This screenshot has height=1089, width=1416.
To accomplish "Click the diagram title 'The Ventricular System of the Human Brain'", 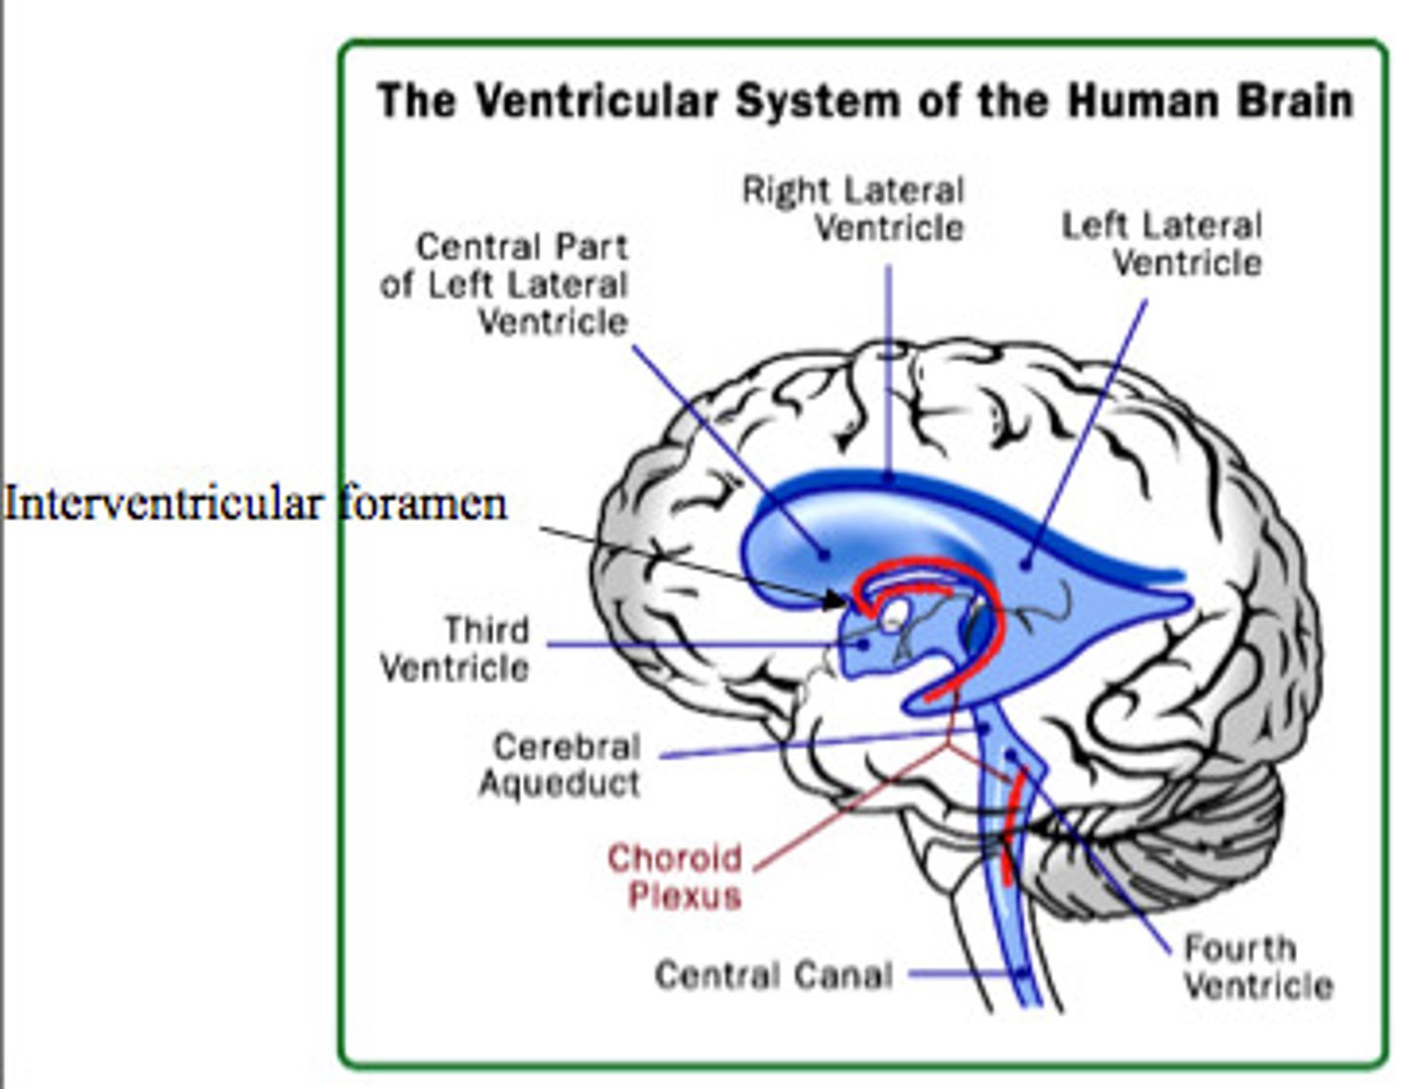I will click(865, 102).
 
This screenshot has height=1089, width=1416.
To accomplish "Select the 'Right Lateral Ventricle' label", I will click(854, 208).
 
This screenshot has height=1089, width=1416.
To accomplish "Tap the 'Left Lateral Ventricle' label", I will click(1162, 244).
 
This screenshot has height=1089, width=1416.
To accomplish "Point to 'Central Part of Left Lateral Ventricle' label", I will click(504, 284).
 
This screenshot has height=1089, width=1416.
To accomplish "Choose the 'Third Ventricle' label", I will click(456, 649).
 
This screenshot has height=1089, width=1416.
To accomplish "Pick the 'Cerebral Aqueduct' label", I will click(560, 765).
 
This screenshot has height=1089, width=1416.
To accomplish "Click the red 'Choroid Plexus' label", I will click(676, 877).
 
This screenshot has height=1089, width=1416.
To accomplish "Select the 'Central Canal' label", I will click(774, 975).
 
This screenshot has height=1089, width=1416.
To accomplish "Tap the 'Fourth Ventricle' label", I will click(1258, 967).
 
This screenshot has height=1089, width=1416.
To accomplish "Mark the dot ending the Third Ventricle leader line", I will click(863, 645).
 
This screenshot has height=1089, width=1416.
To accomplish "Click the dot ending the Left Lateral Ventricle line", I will click(1026, 563).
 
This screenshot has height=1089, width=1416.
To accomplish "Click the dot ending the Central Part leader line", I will click(824, 554).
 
